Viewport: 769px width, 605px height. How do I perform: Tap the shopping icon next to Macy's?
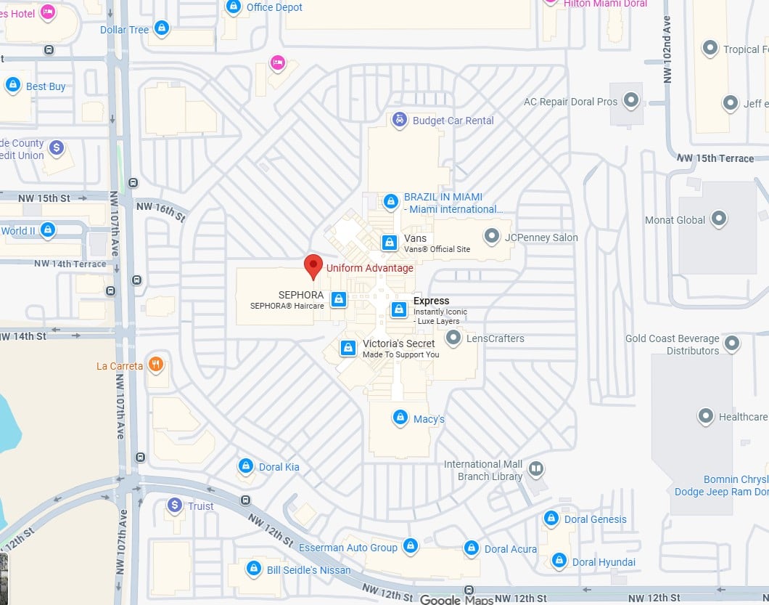click(x=400, y=418)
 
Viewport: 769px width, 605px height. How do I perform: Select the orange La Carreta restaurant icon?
click(x=155, y=365)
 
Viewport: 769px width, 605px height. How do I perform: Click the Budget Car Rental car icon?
click(x=399, y=120)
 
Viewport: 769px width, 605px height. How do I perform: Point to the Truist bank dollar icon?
click(x=174, y=505)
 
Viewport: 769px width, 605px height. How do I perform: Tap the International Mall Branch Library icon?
click(x=535, y=468)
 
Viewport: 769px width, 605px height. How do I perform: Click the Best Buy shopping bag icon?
click(x=12, y=86)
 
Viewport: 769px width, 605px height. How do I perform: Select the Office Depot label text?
click(x=274, y=7)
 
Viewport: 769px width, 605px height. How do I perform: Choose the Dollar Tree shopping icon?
click(x=162, y=29)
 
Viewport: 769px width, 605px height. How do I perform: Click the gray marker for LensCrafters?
click(x=453, y=338)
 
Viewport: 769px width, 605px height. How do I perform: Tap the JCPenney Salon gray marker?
click(x=493, y=236)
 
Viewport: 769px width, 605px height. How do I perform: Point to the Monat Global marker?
click(x=719, y=219)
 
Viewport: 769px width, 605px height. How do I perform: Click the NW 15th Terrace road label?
click(x=715, y=158)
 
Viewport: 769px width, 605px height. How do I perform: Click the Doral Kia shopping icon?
click(x=246, y=466)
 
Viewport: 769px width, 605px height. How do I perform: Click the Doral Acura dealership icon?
click(x=472, y=548)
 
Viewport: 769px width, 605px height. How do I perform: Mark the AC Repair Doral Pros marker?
click(x=632, y=101)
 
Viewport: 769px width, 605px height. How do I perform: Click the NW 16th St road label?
click(x=161, y=211)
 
